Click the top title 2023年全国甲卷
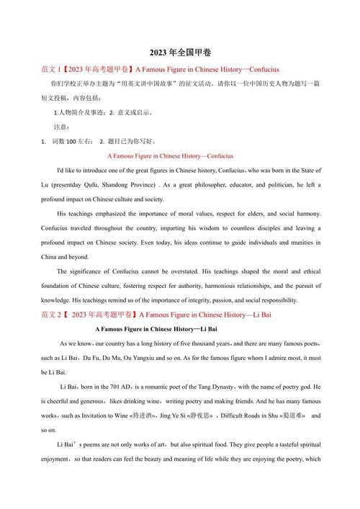[x=179, y=53]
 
